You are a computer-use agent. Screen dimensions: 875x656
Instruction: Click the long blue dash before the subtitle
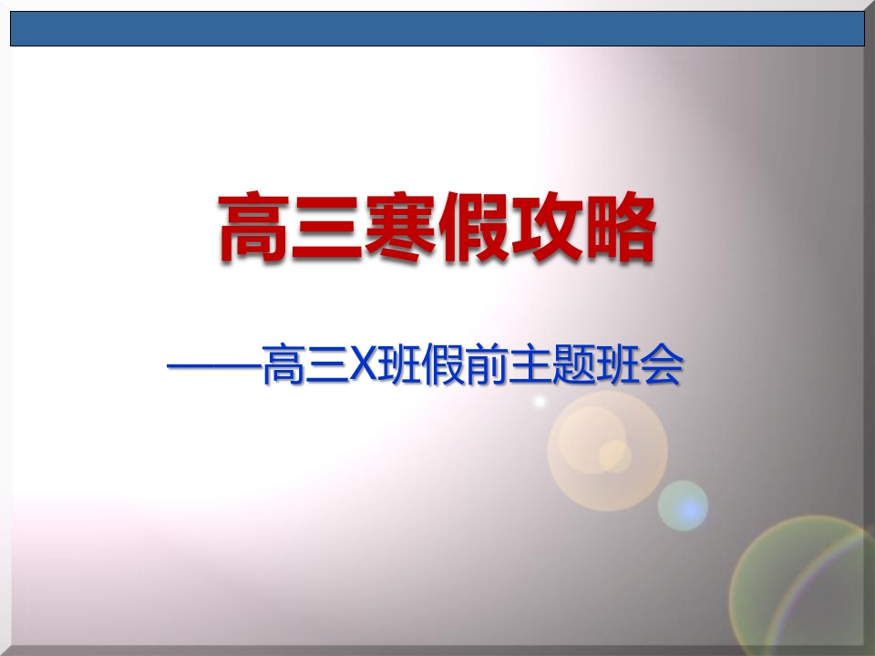[214, 366]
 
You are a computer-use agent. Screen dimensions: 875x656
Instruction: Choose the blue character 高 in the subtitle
[283, 366]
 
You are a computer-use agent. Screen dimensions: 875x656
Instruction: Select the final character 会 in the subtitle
[662, 366]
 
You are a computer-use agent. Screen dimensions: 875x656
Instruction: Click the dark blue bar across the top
[437, 28]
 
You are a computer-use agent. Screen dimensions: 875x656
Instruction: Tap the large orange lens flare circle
[607, 451]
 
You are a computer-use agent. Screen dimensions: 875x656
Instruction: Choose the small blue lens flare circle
[683, 506]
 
